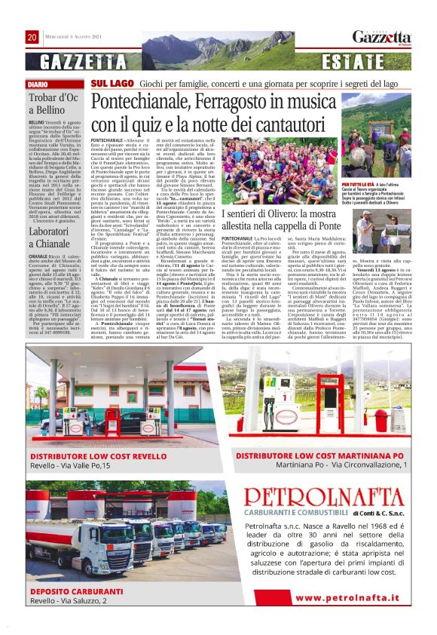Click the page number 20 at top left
pyautogui.click(x=32, y=37)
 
